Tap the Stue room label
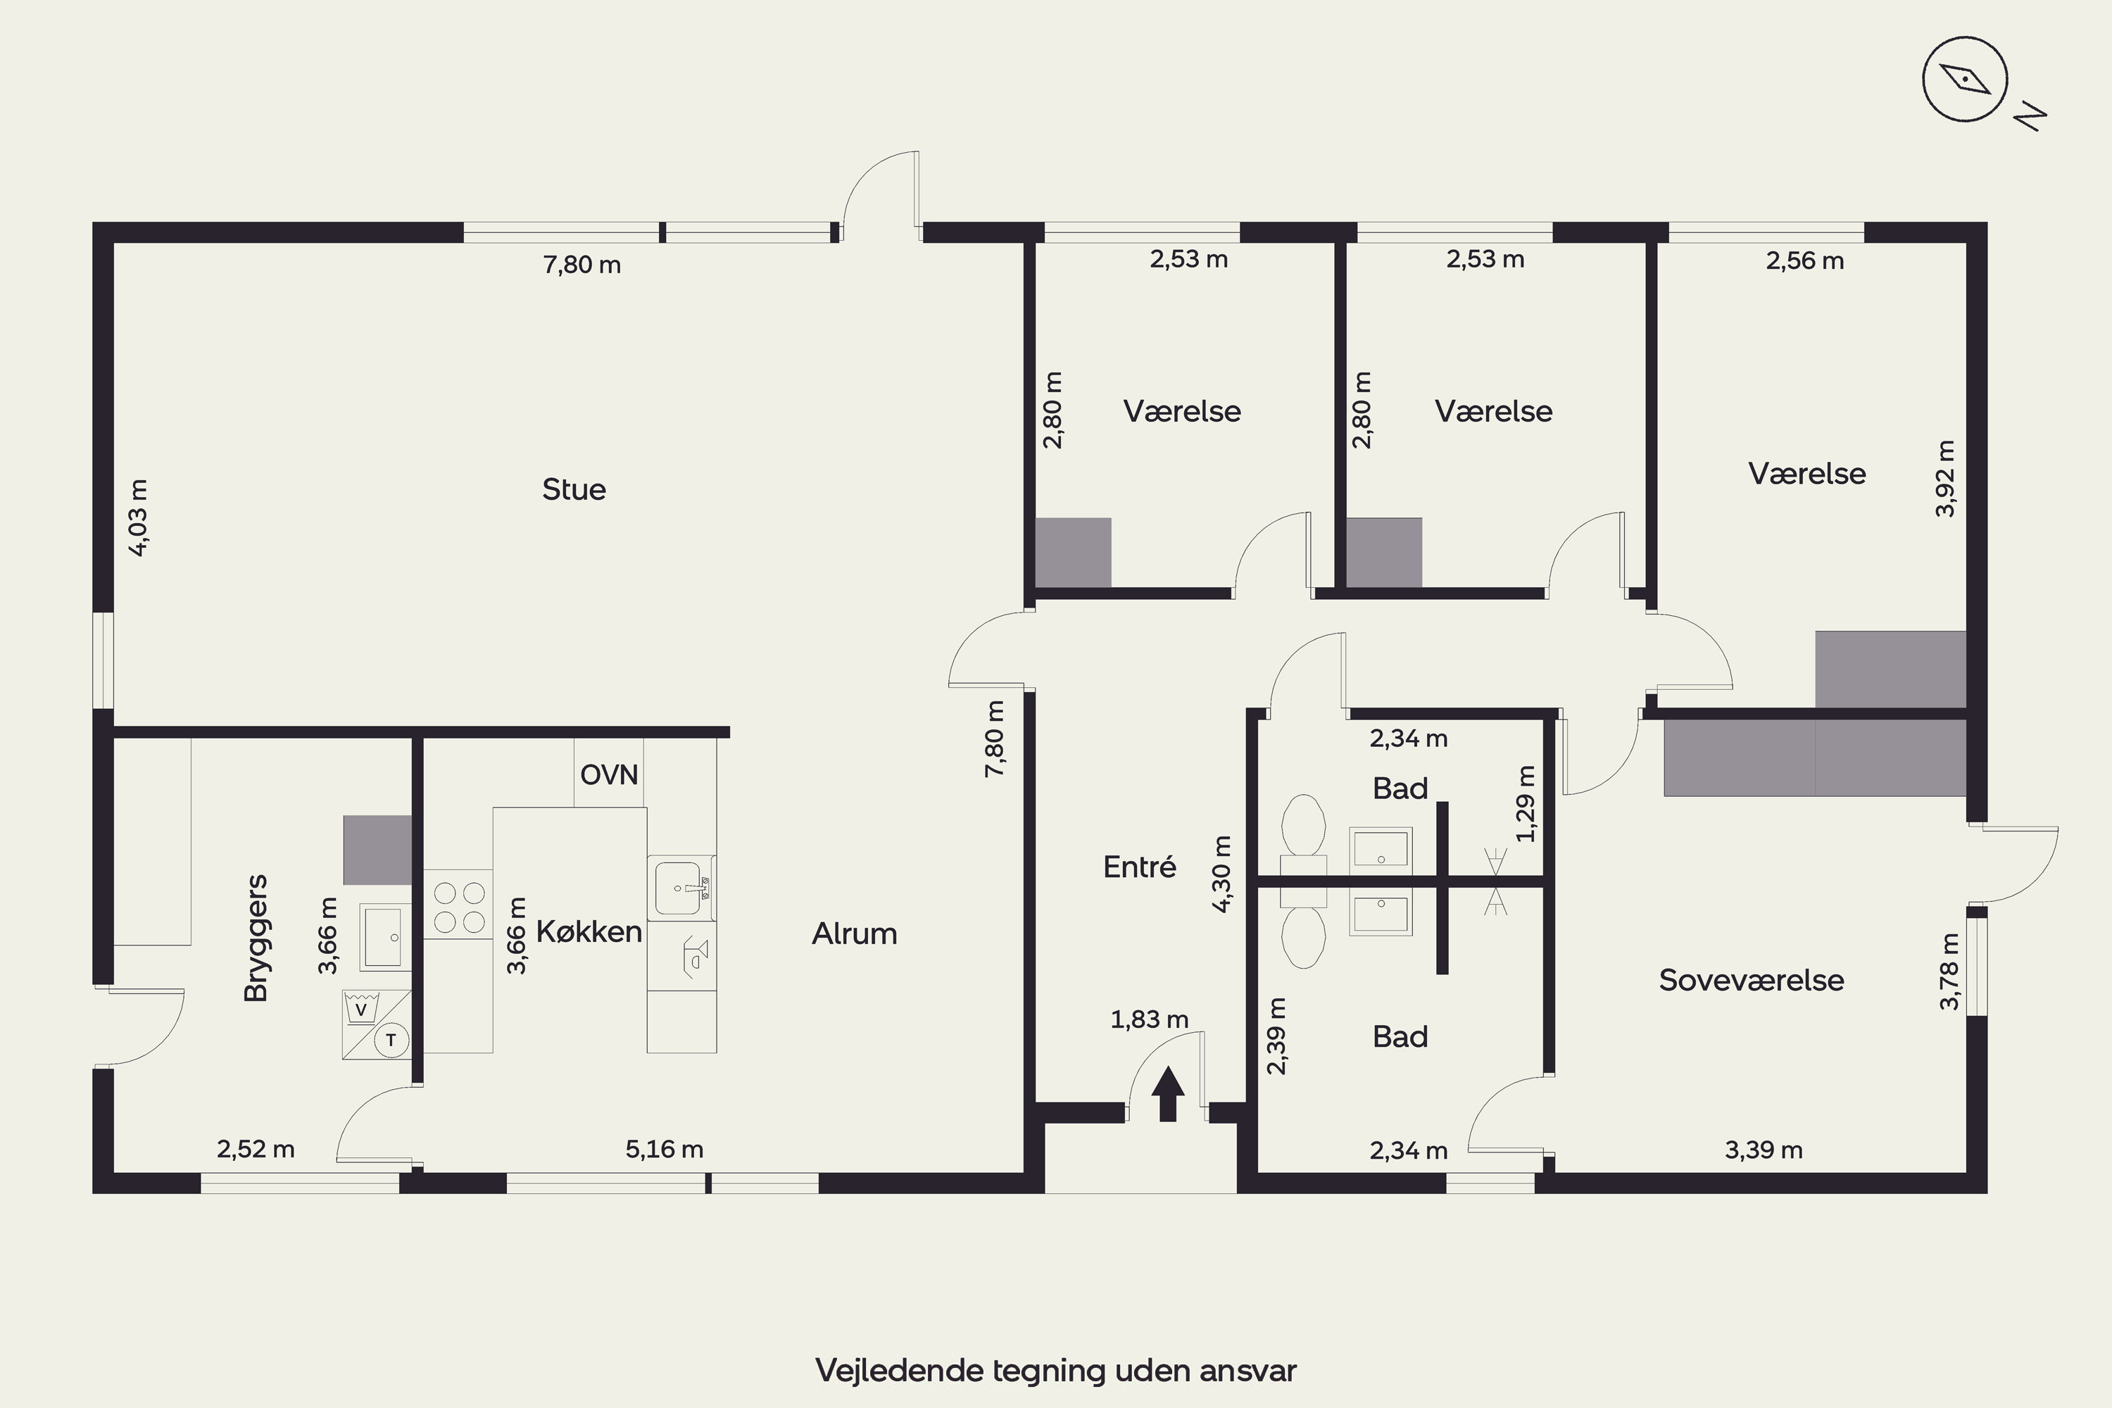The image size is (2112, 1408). coord(574,489)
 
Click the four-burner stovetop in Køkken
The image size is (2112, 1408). coord(459,907)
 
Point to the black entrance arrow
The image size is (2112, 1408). coord(1167,1094)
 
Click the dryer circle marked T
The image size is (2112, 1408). coord(391,1041)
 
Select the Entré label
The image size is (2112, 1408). coord(1140,867)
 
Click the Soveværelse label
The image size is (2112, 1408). coord(1751,980)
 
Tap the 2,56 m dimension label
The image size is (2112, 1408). coord(1805,260)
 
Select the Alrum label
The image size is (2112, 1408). coord(854,934)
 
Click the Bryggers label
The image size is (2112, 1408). coord(256,938)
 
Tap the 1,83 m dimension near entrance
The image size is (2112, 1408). coord(1150,1019)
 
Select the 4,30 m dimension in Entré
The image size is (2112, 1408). coord(1221,874)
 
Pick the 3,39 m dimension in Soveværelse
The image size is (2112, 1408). coord(1764,1150)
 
